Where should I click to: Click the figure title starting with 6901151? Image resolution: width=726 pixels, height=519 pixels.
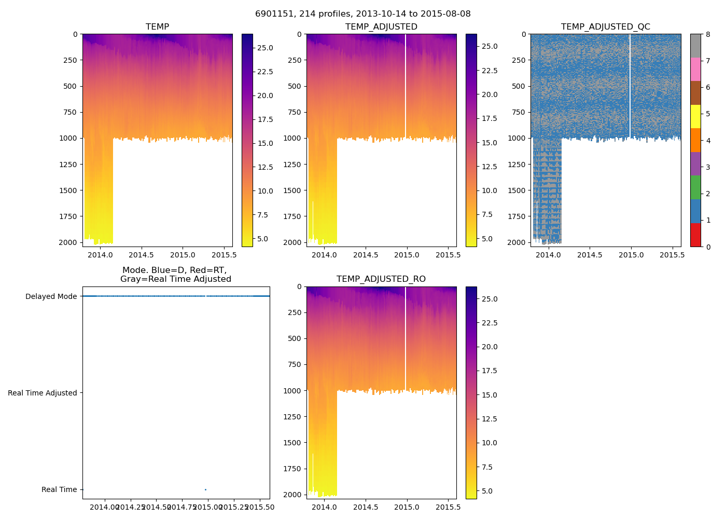[x=362, y=14]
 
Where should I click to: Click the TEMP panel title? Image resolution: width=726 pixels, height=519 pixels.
[x=157, y=27]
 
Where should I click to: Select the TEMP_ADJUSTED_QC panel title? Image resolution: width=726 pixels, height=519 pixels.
[x=605, y=27]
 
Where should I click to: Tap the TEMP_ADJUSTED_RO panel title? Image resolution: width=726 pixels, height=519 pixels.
[x=381, y=279]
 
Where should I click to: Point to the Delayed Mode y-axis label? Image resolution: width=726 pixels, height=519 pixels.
[x=51, y=296]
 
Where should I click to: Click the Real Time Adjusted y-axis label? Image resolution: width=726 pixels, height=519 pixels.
[x=43, y=393]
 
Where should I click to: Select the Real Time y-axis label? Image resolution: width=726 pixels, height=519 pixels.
[x=59, y=489]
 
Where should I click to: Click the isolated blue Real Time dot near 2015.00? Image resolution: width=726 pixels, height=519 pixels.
[x=205, y=489]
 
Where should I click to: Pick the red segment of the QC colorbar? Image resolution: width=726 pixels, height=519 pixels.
[x=695, y=235]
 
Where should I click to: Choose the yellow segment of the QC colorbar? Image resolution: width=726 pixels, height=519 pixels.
[x=695, y=116]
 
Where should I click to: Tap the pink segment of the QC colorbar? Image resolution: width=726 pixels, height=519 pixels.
[x=695, y=69]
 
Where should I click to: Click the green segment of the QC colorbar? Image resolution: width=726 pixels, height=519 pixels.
[x=695, y=187]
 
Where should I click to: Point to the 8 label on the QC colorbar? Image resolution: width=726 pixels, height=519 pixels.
[x=708, y=35]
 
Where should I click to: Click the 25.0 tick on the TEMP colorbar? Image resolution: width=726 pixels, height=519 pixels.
[x=266, y=48]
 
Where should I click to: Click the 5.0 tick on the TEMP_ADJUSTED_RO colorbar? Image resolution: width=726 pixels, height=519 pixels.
[x=490, y=491]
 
